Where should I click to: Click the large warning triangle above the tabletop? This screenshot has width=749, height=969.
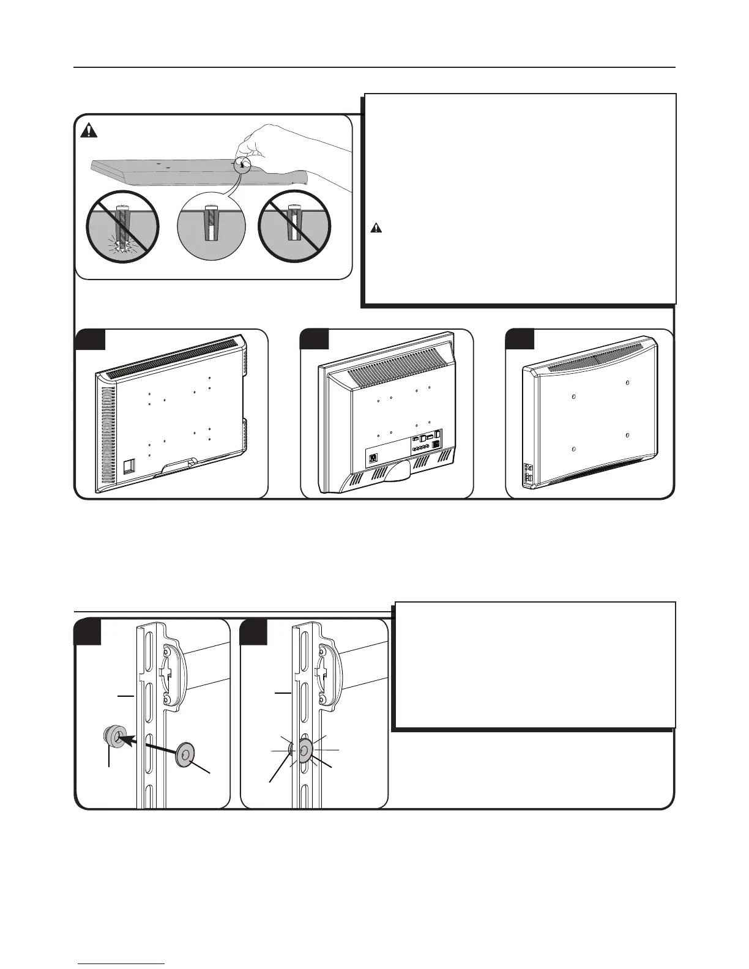[91, 130]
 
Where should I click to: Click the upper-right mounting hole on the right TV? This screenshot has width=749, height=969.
[628, 382]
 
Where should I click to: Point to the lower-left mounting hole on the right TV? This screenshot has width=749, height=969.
[573, 450]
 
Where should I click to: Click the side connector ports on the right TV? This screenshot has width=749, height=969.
[527, 473]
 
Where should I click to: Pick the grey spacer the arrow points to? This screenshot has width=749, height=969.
[114, 737]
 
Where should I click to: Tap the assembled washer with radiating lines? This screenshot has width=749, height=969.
[305, 749]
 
